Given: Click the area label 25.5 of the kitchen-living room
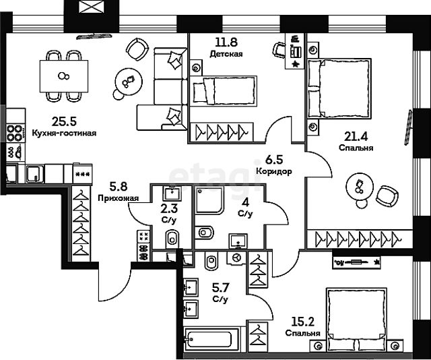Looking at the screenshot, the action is [x=64, y=121].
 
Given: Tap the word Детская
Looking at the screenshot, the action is [x=226, y=54].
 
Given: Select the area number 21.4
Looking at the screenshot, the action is [x=356, y=136].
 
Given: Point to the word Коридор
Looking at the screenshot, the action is [x=274, y=171].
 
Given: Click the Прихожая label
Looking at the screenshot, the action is [x=119, y=198].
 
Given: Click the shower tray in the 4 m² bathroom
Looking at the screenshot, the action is [x=209, y=200].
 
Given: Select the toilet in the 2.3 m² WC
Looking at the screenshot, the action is [x=172, y=239].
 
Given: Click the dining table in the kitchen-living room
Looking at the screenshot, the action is [x=64, y=76].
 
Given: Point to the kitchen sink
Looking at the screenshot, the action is [x=35, y=174].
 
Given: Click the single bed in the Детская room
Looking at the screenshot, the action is [x=224, y=91].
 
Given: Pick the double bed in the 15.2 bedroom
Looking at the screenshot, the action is [x=356, y=320].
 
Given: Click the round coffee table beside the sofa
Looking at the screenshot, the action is [x=129, y=82].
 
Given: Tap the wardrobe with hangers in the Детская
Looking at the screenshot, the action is [x=222, y=132].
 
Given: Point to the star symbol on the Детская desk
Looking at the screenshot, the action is [x=296, y=65].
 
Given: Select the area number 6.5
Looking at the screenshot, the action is [x=274, y=160].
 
